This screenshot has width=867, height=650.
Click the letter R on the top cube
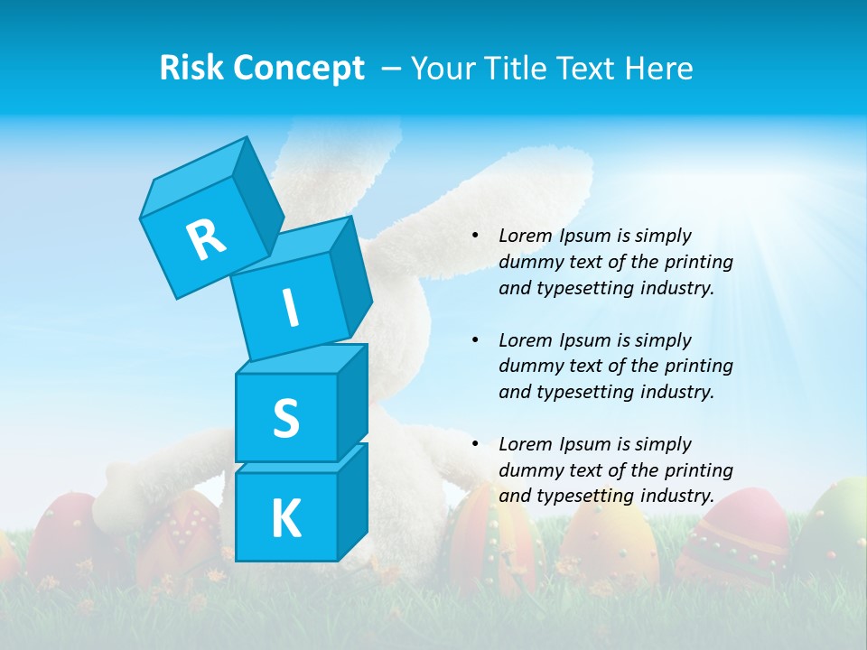206,239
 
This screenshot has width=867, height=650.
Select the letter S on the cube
285,418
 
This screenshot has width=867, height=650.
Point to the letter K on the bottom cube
285,519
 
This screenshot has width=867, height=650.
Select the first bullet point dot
475,237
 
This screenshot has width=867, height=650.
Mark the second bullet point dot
475,340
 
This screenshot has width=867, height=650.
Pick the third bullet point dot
475,444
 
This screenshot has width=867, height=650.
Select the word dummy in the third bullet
527,470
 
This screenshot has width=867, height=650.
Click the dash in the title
392,69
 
